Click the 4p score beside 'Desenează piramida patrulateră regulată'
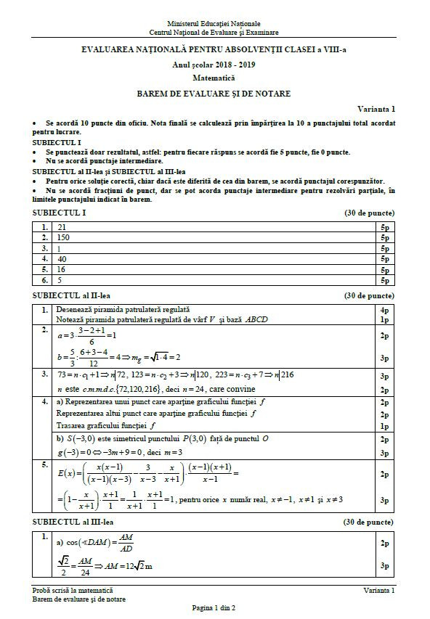[x=384, y=309]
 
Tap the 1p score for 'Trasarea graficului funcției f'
[x=384, y=425]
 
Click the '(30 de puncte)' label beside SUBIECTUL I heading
[x=369, y=213]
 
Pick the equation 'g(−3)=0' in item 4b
[x=77, y=452]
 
